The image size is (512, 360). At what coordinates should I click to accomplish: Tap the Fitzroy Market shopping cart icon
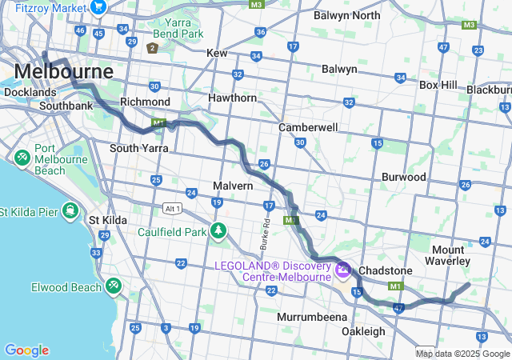[99, 7]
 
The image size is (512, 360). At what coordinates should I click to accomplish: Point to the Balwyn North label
[346, 15]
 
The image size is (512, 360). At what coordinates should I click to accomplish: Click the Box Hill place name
[438, 84]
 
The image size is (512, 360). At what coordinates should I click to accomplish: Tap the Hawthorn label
[232, 98]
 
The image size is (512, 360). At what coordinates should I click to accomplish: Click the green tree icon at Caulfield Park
[218, 231]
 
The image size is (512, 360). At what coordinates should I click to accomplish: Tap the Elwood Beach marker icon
[114, 285]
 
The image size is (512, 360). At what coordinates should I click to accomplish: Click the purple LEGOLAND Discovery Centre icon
[343, 270]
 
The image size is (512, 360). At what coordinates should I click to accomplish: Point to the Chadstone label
[385, 270]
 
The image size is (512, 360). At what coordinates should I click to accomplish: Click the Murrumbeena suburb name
[310, 317]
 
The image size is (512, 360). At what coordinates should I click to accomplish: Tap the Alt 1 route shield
[171, 208]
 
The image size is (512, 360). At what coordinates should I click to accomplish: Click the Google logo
[26, 350]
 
